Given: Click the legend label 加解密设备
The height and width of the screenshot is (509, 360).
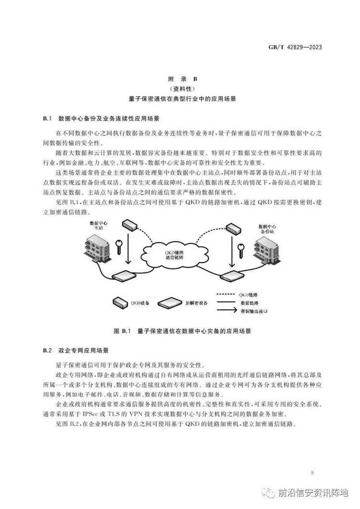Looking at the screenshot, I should pos(198,303).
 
